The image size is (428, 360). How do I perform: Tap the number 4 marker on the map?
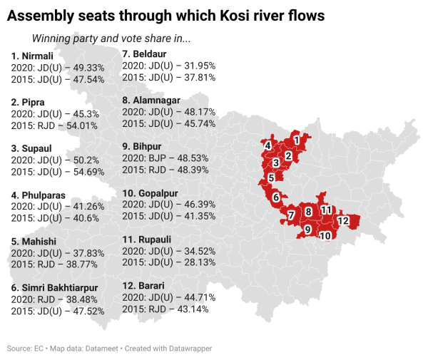267,146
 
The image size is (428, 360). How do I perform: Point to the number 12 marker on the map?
343,221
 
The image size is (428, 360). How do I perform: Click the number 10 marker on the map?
325,235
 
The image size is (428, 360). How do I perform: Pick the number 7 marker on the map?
291,215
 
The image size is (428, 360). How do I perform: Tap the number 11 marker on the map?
326,210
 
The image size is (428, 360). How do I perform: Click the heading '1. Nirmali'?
33,56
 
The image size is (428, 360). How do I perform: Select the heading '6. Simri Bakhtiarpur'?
54,287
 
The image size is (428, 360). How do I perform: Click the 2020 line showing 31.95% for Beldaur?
169,66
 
